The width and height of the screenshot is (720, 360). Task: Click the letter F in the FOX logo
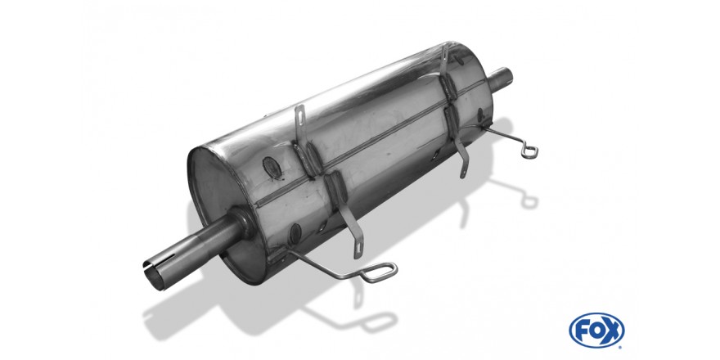coord(582,331)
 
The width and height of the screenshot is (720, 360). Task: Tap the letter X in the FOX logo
coord(611,331)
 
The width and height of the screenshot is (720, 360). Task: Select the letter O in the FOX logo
coord(596,331)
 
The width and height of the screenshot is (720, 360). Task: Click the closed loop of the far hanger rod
coord(529,151)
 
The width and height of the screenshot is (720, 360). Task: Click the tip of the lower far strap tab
coord(463,174)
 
